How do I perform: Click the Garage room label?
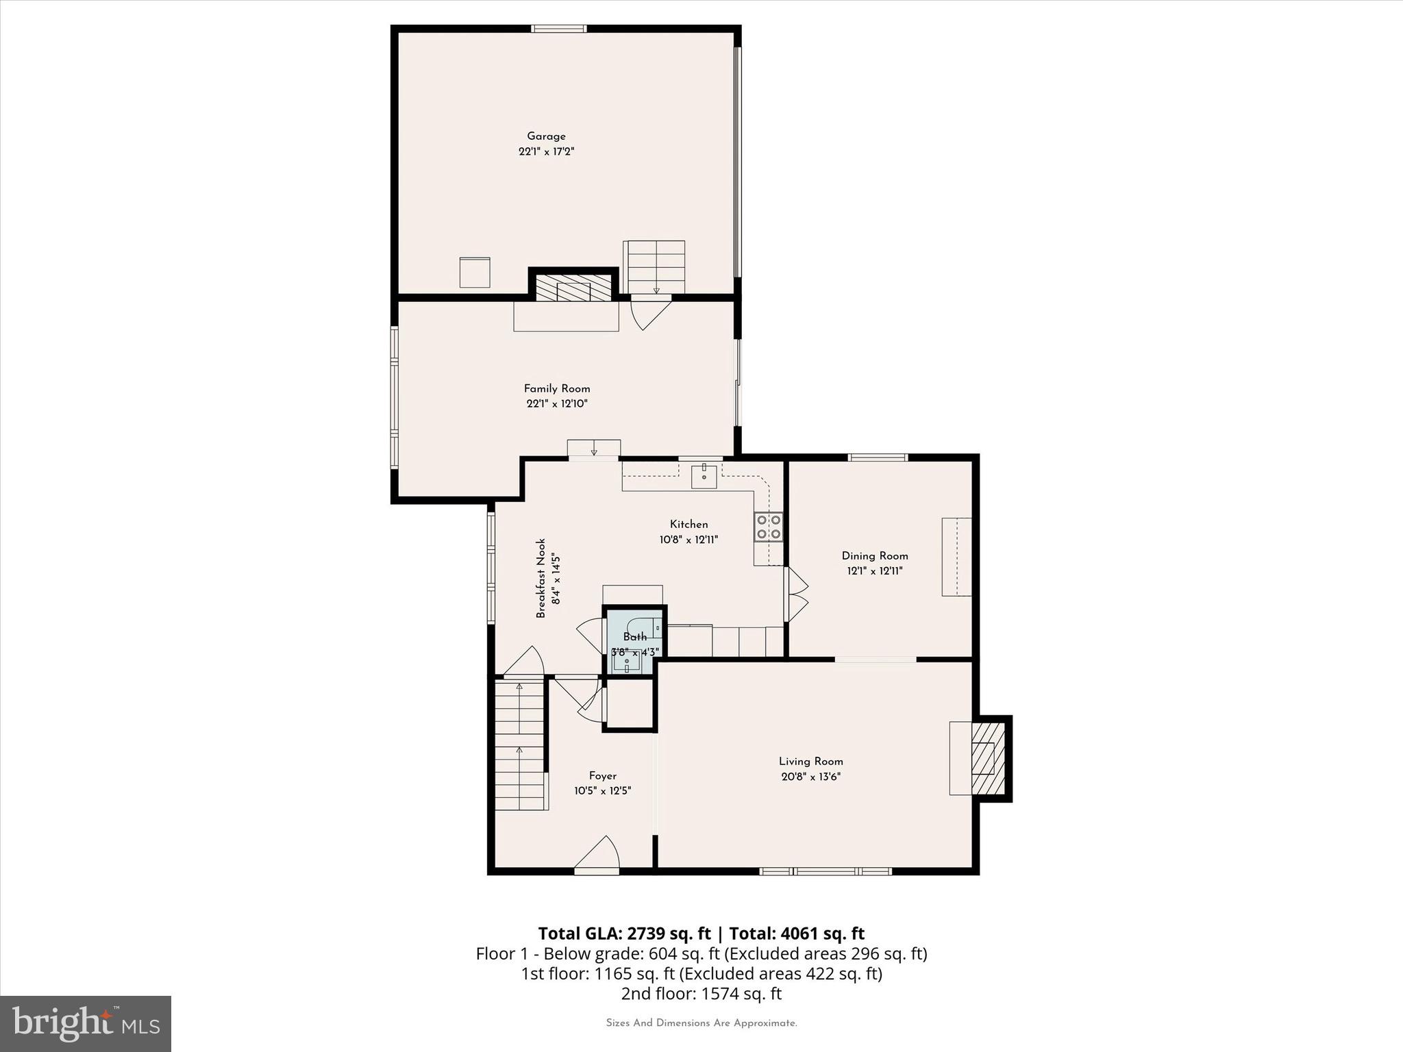[x=546, y=136]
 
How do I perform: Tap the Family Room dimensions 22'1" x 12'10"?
[x=556, y=404]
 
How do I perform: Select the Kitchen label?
[x=688, y=525]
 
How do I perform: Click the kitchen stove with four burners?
[x=769, y=527]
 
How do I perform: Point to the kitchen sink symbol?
[x=704, y=475]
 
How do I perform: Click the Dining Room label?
[x=875, y=556]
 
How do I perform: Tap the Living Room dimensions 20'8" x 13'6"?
[x=810, y=777]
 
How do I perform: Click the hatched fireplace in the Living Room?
[x=987, y=757]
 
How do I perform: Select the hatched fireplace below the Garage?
[x=573, y=288]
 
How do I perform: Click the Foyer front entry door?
[x=597, y=856]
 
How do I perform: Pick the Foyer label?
[x=602, y=776]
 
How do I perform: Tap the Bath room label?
[x=634, y=637]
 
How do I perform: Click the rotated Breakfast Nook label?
[x=541, y=578]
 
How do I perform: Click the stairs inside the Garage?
[x=654, y=267]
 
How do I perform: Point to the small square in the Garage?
[x=475, y=273]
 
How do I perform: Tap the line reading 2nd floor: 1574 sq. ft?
[x=701, y=993]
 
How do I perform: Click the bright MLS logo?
[x=86, y=1023]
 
